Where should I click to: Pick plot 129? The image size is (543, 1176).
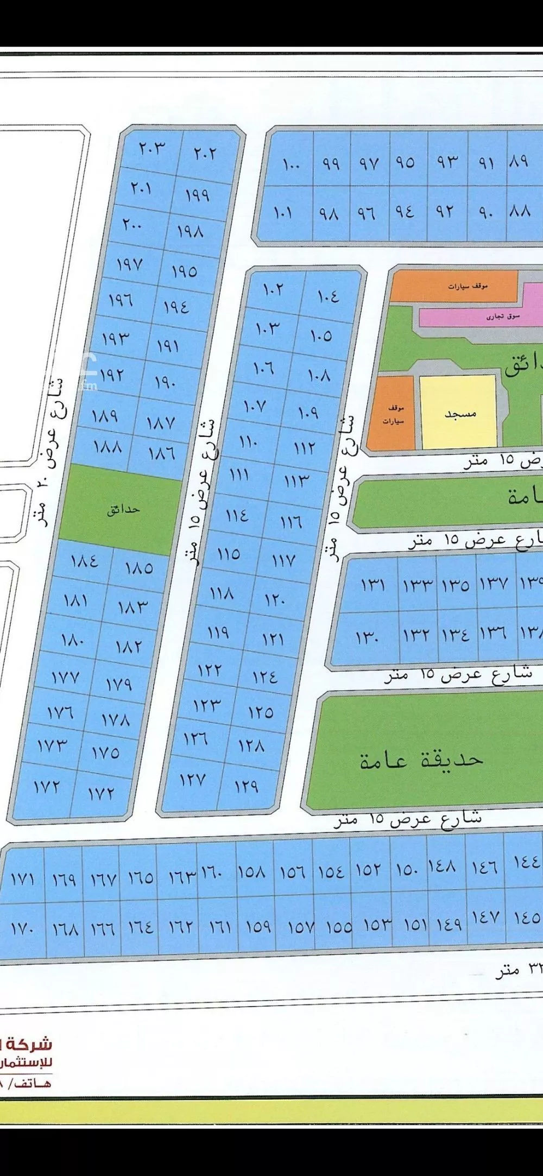pos(247,786)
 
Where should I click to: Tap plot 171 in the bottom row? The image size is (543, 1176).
pos(22,878)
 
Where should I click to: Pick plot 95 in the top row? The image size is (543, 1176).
pos(405,162)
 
